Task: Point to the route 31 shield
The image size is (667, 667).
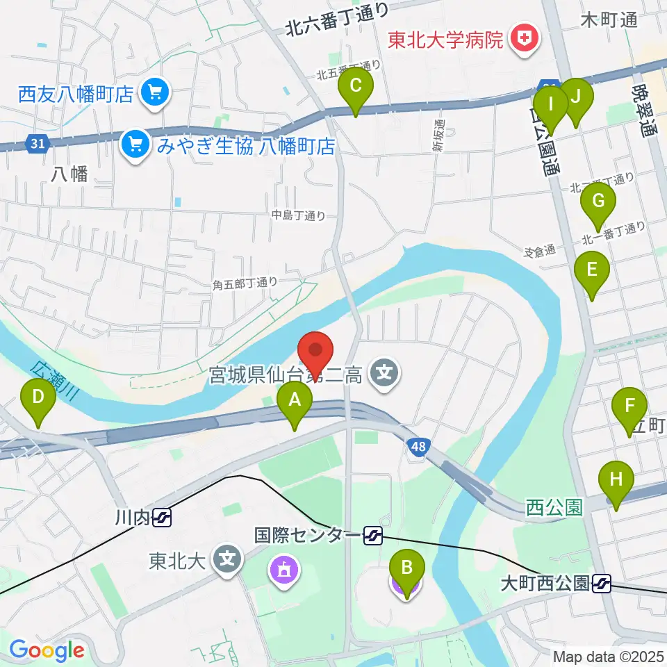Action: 38,144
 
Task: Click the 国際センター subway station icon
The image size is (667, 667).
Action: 373,535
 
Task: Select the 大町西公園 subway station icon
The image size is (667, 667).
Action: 602,584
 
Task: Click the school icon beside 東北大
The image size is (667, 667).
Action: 228,560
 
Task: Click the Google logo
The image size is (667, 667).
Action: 47,650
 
